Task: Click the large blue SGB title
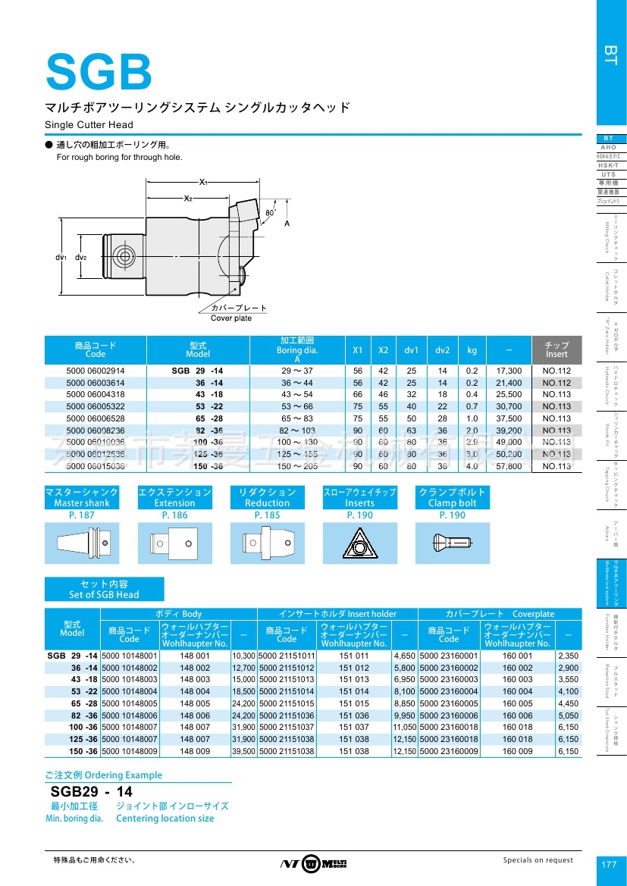pos(99,71)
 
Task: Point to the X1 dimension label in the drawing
pos(203,183)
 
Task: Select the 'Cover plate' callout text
pos(231,318)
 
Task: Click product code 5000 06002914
pos(96,371)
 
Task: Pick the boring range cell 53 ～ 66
pos(298,407)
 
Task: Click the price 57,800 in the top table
pos(509,466)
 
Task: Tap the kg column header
pos(472,350)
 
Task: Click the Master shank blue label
pos(82,497)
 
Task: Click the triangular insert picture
pos(359,543)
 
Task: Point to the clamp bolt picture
pos(452,543)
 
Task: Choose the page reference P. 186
pos(174,515)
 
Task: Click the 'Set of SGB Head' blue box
pos(104,589)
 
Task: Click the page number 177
pos(609,864)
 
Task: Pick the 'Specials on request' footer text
pos(538,860)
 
